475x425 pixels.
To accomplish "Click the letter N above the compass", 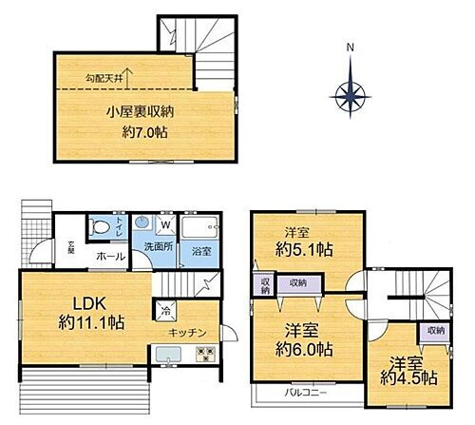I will [x=350, y=48].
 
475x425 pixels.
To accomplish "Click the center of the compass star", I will [x=351, y=92].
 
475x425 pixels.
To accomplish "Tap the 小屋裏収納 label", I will [x=140, y=110].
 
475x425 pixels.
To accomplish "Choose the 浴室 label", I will [x=200, y=251].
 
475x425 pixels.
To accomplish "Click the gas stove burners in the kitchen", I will [x=205, y=357].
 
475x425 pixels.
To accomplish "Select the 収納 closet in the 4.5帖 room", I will [x=435, y=330].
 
